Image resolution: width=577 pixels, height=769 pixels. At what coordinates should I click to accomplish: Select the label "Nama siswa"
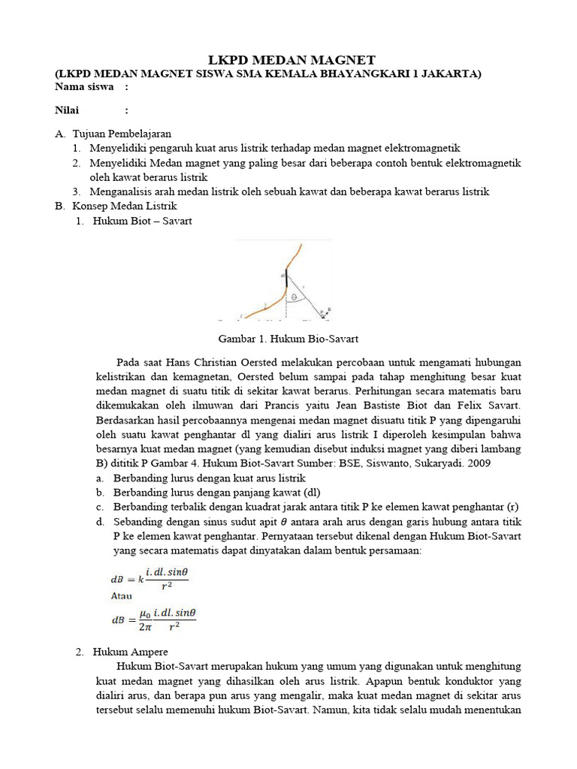pyautogui.click(x=84, y=87)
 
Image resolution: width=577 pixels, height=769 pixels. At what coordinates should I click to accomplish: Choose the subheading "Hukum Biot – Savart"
pyautogui.click(x=142, y=221)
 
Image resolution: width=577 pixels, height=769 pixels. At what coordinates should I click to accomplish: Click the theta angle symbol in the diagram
pyautogui.click(x=295, y=297)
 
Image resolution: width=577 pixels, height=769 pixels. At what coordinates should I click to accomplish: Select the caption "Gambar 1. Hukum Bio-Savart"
pyautogui.click(x=288, y=338)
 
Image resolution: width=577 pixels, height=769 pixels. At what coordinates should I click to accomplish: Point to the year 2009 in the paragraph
pyautogui.click(x=477, y=463)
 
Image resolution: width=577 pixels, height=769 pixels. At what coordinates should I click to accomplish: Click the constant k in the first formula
pyautogui.click(x=138, y=580)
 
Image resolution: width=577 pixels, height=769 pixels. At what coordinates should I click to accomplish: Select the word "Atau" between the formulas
pyautogui.click(x=122, y=596)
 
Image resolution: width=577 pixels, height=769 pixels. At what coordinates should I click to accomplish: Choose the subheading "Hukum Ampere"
pyautogui.click(x=131, y=651)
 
